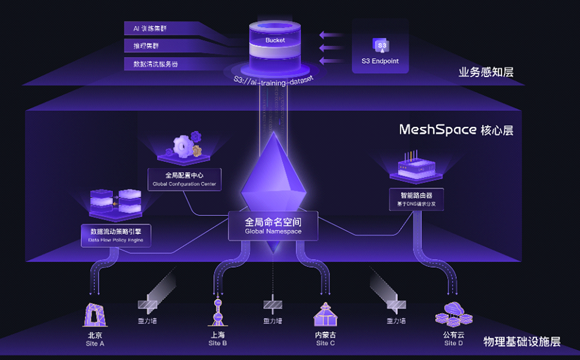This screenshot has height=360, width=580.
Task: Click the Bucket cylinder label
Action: pyautogui.click(x=275, y=41)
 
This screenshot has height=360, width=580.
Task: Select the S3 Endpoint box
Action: pyautogui.click(x=380, y=52)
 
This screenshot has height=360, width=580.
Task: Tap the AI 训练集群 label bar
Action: pyautogui.click(x=154, y=28)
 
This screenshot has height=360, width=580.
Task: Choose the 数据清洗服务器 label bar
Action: pyautogui.click(x=155, y=64)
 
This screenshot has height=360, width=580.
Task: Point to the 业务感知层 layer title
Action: pyautogui.click(x=485, y=72)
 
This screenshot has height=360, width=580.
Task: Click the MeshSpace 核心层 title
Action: pyautogui.click(x=456, y=129)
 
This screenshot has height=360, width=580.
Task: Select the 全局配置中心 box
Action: pyautogui.click(x=184, y=179)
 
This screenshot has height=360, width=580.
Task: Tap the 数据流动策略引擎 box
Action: pyautogui.click(x=116, y=234)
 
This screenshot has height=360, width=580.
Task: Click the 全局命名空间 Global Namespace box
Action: pyautogui.click(x=273, y=226)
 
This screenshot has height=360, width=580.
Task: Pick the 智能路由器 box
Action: pyautogui.click(x=416, y=199)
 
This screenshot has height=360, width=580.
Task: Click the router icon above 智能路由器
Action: pyautogui.click(x=416, y=166)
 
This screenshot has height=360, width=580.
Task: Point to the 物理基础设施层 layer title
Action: pyautogui.click(x=521, y=341)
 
